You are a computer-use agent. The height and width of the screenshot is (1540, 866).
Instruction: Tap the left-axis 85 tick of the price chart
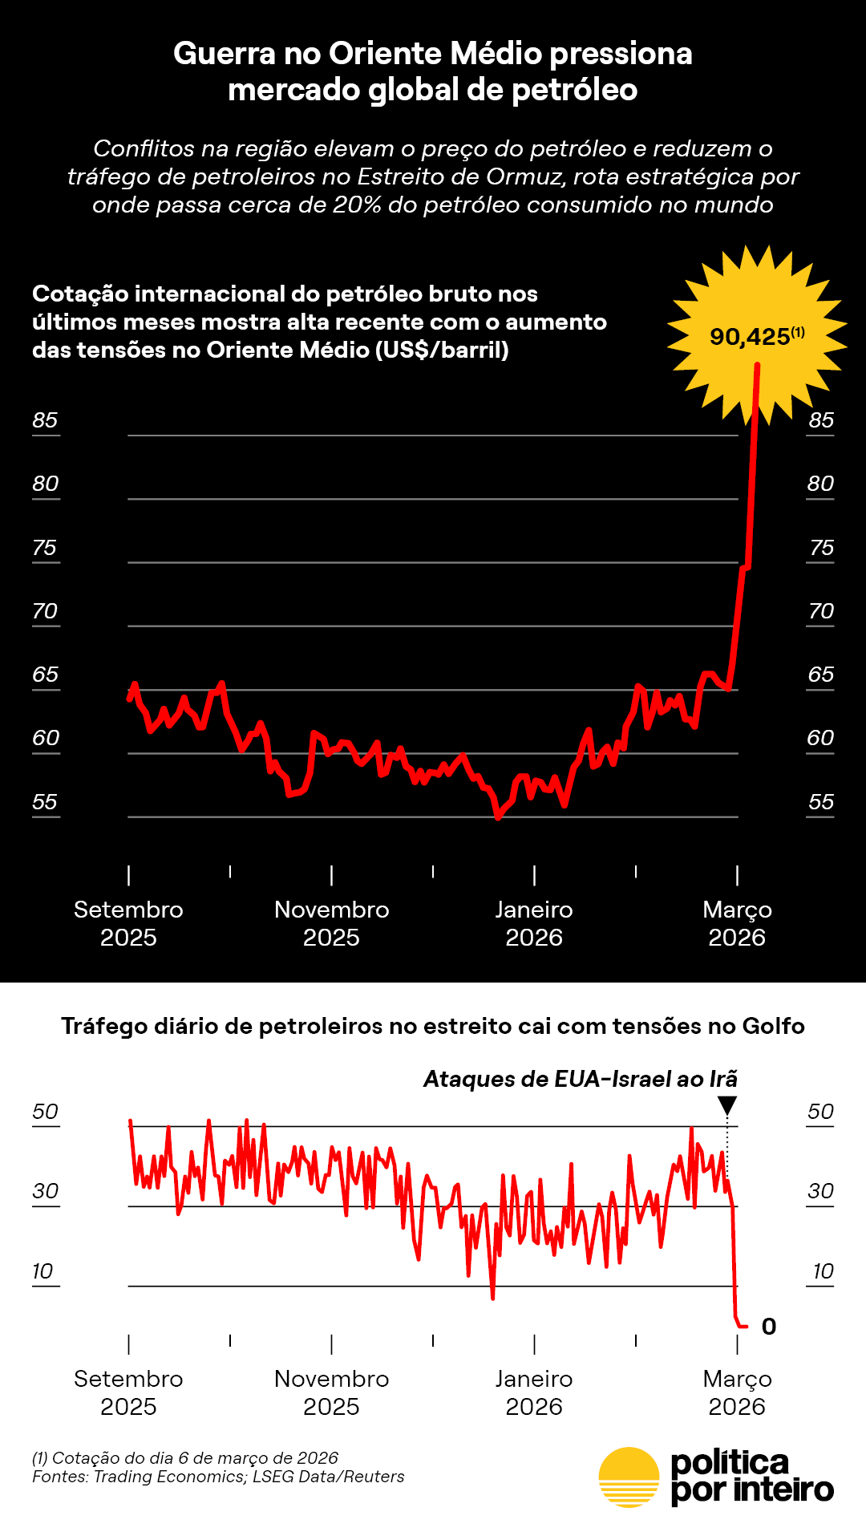point(45,420)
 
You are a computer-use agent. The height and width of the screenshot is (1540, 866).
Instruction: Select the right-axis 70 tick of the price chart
point(821,611)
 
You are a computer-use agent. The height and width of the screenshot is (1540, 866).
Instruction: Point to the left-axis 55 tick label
point(45,802)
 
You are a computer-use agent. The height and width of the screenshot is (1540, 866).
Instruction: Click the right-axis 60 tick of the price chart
point(821,738)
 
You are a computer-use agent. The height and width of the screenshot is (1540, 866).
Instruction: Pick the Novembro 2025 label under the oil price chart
point(331,923)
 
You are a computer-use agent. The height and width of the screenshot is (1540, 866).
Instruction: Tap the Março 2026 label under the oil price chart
point(737,923)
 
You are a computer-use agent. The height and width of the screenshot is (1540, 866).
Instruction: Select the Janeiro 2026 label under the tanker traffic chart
point(534,1392)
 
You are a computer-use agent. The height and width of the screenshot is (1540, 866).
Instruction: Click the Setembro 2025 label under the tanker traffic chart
point(128,1392)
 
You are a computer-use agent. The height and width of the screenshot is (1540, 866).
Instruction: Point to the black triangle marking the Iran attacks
point(727,1106)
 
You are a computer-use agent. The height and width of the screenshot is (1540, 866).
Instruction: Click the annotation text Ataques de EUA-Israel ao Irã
point(581,1079)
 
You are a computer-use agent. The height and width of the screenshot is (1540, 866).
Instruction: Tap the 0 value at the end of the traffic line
point(769,1327)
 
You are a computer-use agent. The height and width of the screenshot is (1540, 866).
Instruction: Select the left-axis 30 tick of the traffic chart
point(45,1191)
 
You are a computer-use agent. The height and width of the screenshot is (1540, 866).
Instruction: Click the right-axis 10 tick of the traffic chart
point(823,1271)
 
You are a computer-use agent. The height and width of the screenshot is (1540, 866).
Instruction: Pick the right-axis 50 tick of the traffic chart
point(821,1112)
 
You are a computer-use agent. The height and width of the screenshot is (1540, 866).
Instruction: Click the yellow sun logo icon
point(629,1477)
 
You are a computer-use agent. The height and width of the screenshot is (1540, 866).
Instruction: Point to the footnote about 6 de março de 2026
point(185,1458)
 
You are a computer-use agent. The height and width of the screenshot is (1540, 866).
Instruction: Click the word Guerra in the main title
point(225,54)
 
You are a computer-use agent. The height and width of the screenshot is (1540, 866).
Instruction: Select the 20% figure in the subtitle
point(358,205)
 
